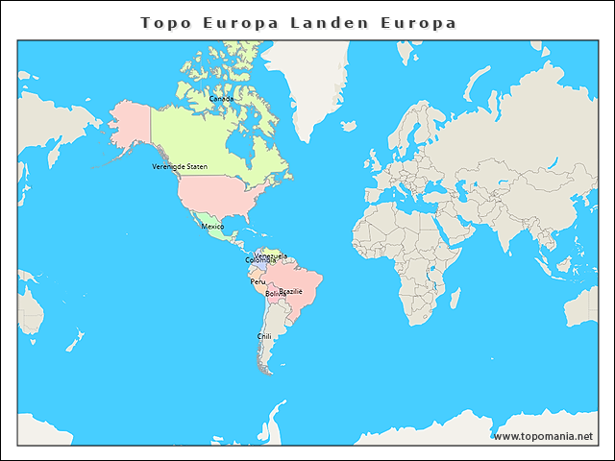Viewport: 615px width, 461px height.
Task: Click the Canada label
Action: coord(221,98)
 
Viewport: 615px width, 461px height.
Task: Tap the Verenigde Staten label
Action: coord(180,166)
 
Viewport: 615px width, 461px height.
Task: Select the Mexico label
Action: coord(212,226)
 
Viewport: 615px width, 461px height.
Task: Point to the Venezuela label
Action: coord(270,255)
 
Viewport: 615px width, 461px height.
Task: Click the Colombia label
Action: coord(259,260)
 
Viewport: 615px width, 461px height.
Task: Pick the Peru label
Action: coord(258,281)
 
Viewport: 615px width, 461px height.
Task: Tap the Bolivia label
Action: coord(276,293)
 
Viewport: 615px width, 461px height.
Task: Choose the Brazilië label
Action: coord(291,290)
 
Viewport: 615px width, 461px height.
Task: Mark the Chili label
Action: coord(264,336)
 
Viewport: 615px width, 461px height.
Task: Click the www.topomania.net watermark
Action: coord(543,436)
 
